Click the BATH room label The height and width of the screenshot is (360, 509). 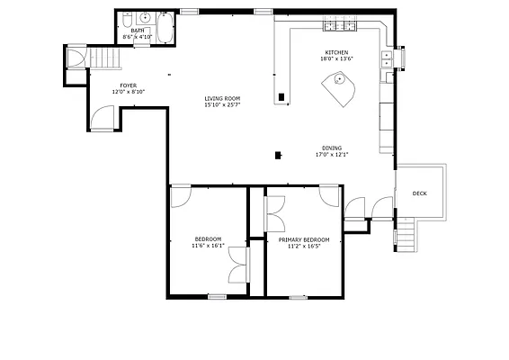[x=137, y=31]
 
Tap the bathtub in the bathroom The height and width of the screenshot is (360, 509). [x=167, y=27]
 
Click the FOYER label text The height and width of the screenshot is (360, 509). [x=129, y=85]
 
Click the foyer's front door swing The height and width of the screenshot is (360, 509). [x=103, y=118]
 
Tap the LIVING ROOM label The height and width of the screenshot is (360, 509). [x=221, y=98]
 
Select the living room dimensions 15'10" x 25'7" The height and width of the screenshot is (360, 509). [x=221, y=104]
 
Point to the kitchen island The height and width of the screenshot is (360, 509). [x=339, y=86]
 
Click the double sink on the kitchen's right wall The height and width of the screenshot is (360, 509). [x=387, y=59]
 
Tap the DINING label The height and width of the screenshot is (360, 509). [x=332, y=148]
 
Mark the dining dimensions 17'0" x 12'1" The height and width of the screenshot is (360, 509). [x=332, y=154]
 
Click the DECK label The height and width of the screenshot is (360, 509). [x=420, y=193]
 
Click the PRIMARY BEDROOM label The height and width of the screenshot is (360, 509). [x=303, y=239]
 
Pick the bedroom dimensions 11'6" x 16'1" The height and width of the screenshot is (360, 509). [x=208, y=245]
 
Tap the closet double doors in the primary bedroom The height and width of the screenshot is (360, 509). [x=272, y=214]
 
